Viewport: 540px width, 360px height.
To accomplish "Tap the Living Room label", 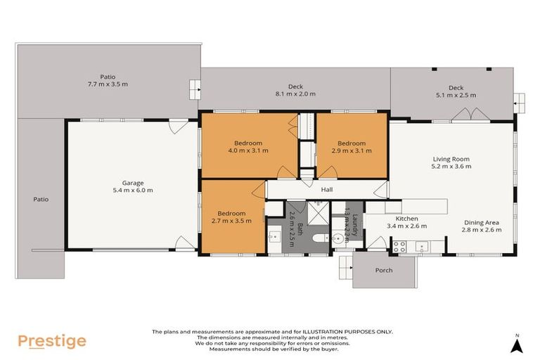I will pos(451,159).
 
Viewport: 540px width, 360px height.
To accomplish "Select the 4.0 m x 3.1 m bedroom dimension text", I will pos(247,150).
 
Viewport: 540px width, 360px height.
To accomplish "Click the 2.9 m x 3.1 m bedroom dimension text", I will pos(351,150).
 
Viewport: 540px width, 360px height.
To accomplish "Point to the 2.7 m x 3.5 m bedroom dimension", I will pos(231,221).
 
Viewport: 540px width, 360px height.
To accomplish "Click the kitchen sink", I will pos(425,246).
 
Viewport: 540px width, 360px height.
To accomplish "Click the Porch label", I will pos(384,270).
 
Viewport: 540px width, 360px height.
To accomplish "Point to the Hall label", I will pos(326,190).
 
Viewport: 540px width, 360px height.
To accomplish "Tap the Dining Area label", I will pos(481,221).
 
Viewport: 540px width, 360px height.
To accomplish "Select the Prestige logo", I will pos(52,341).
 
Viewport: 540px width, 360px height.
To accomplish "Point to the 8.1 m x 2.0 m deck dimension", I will pos(295,94).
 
